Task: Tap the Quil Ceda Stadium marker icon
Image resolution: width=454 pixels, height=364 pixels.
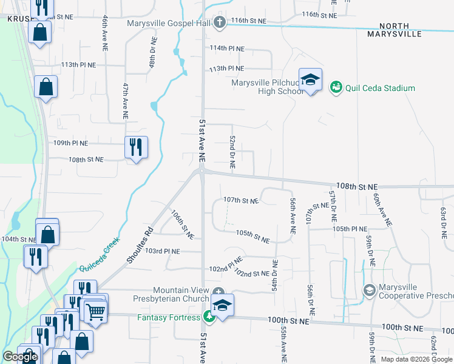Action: tap(336, 88)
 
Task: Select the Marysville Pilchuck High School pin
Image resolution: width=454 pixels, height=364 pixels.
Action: tap(310, 79)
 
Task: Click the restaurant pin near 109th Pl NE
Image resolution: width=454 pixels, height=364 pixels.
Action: tap(136, 147)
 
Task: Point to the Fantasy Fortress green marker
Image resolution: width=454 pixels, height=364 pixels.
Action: tap(209, 317)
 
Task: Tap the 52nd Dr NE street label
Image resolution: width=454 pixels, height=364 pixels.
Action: tap(232, 152)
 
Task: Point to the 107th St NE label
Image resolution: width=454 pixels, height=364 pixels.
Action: tap(241, 200)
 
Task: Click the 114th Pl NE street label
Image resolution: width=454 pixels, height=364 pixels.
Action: tap(226, 48)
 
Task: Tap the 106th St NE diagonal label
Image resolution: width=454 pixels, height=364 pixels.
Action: tap(181, 224)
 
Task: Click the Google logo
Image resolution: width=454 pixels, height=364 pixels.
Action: tap(20, 357)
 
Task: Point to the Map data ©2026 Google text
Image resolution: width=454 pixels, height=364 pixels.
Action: tap(416, 359)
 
